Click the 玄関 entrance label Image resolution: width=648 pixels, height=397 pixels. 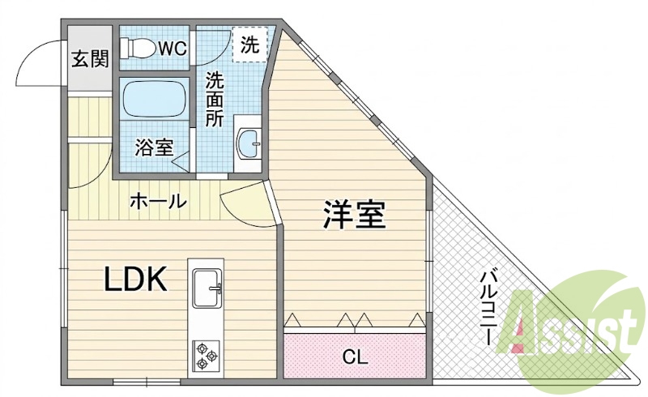coord(90,58)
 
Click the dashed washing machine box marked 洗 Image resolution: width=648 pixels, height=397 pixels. coord(249,45)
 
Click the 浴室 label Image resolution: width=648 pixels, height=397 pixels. coord(154,147)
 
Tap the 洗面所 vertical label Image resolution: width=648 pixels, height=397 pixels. coord(215,99)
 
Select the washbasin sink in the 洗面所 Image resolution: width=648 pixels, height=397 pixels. coord(249,144)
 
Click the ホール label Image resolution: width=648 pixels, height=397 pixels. coord(156,202)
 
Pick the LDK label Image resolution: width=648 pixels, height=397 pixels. coord(135,279)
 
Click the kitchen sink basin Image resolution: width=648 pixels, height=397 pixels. coord(207,288)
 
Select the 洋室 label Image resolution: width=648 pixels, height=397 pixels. coord(353,215)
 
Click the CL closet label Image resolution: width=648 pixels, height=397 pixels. coord(355,356)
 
